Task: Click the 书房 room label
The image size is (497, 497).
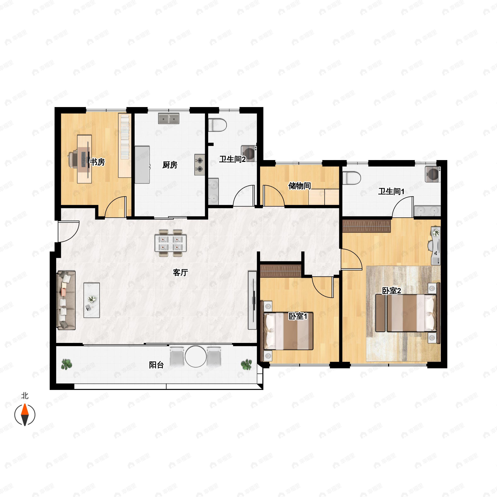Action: tap(97, 162)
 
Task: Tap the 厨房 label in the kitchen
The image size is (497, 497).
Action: tap(170, 165)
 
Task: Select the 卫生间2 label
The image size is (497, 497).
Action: tap(232, 159)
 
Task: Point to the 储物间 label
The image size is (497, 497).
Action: tap(299, 186)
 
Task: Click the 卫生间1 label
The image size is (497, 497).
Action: tap(391, 191)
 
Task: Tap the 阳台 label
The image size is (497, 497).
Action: tap(156, 365)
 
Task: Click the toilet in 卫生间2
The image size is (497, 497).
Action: tap(217, 125)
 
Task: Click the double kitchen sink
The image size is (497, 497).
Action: tap(169, 119)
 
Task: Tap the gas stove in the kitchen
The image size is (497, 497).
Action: tap(200, 165)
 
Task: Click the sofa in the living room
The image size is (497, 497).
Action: tap(66, 300)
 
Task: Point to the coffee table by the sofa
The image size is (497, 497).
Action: tap(92, 300)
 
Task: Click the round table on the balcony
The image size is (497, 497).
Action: tap(195, 356)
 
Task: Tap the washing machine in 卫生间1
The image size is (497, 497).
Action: tap(433, 174)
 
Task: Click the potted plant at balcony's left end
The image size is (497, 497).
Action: tap(67, 364)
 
